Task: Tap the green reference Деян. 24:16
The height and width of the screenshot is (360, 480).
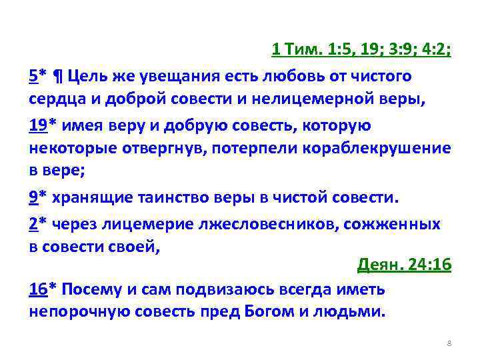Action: [404, 265]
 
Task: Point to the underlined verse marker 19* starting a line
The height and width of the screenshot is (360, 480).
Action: [42, 125]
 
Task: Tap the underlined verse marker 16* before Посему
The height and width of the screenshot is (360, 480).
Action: [42, 289]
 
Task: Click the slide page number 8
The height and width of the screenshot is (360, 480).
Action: [449, 343]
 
